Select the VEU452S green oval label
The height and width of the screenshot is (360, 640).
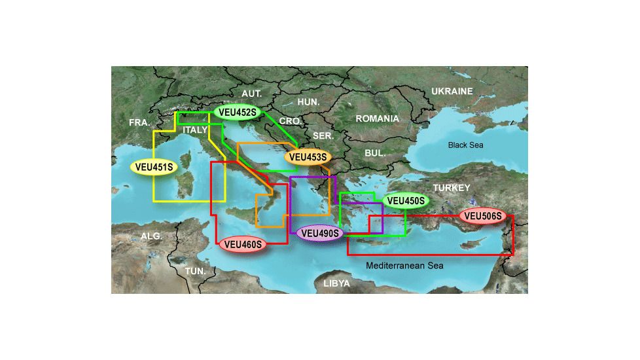pos(237,113)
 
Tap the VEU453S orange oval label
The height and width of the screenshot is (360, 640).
pos(307,157)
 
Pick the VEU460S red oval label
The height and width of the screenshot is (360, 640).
pos(243,245)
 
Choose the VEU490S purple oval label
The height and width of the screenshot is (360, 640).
pos(319,233)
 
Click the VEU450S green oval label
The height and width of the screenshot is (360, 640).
pos(406,200)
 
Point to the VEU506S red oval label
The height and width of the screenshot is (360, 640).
pos(483,215)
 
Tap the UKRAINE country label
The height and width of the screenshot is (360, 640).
pos(451,92)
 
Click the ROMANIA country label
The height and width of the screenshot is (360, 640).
pos(377,118)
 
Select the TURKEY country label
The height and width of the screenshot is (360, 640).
pos(451,188)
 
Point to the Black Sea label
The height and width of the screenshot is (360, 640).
pos(465,145)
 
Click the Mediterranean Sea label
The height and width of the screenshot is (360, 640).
pos(404,266)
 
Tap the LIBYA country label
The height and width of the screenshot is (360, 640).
pos(336,284)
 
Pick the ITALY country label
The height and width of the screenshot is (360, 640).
pos(195,130)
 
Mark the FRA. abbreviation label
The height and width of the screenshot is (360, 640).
pos(139,122)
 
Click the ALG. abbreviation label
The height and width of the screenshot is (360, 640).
pos(151,236)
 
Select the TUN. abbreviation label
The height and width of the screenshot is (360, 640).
pos(195,270)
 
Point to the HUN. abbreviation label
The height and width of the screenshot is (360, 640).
pos(308,102)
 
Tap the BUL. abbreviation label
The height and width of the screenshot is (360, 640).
pos(375,153)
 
